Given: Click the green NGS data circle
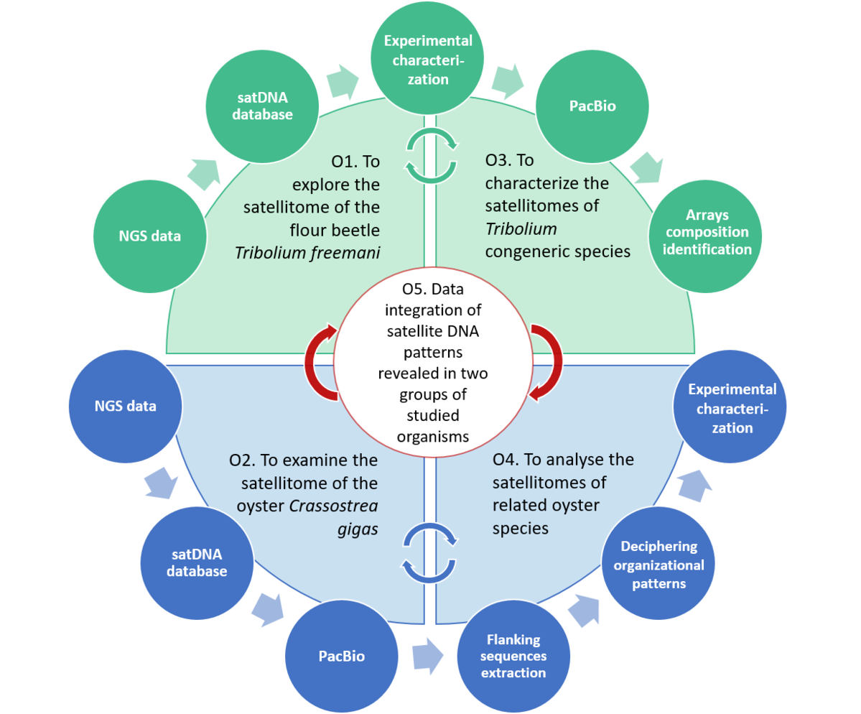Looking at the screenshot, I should pyautogui.click(x=150, y=236).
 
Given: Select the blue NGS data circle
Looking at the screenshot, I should pyautogui.click(x=125, y=407).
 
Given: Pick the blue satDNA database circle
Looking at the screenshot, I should pyautogui.click(x=197, y=564).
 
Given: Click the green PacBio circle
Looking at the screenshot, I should pyautogui.click(x=592, y=107).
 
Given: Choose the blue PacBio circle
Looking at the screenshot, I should pyautogui.click(x=341, y=656).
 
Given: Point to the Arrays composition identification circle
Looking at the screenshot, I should pyautogui.click(x=707, y=232).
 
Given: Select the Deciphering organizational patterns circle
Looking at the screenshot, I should pyautogui.click(x=658, y=565).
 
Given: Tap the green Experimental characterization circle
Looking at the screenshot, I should pyautogui.click(x=427, y=60).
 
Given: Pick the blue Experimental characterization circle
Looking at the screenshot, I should pyautogui.click(x=731, y=408).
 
